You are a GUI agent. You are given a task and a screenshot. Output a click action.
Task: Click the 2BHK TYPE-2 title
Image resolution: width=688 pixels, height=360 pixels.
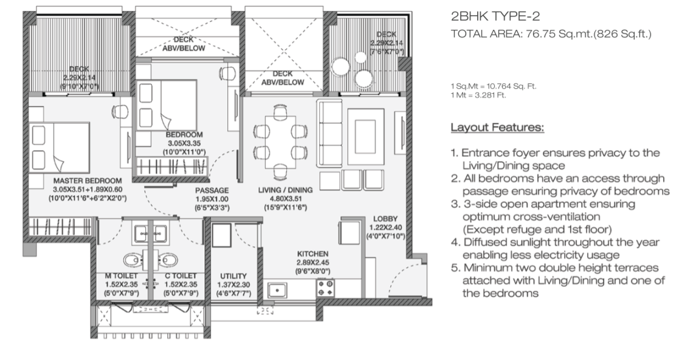(495, 16)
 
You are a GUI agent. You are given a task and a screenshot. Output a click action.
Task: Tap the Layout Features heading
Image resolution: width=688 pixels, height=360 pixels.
(497, 127)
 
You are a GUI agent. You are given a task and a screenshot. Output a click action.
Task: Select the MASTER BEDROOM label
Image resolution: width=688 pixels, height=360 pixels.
(88, 181)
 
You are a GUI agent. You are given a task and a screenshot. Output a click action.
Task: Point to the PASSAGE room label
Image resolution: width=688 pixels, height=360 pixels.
(212, 190)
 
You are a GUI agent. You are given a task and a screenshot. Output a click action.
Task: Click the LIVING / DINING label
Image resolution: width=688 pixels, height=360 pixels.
(285, 190)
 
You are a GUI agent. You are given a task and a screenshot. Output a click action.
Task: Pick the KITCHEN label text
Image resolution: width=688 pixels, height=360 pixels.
(312, 254)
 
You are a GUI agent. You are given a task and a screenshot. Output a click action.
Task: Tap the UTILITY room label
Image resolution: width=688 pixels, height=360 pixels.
(233, 275)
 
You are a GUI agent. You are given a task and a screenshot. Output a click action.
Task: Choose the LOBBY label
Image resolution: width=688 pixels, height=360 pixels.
(385, 219)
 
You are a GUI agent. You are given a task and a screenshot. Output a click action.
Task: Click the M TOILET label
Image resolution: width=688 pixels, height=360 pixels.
(121, 275)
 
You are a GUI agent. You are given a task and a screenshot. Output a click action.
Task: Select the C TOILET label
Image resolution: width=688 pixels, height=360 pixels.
(181, 275)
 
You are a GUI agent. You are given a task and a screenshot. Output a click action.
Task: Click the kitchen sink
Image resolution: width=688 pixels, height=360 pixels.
(277, 290)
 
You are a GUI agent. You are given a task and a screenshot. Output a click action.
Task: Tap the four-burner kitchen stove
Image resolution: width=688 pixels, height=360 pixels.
(326, 288)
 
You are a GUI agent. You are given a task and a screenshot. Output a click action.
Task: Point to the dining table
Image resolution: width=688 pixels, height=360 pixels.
(280, 142)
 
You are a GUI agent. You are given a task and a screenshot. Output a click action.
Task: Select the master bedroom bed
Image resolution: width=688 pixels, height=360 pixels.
(59, 148)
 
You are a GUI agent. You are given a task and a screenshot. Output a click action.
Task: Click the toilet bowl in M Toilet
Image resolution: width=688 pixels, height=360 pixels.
(132, 260)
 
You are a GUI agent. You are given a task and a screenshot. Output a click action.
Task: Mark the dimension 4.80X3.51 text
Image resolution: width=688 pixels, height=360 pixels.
(285, 198)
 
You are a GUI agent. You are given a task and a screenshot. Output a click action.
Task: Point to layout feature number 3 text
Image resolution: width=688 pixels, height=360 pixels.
(543, 216)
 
